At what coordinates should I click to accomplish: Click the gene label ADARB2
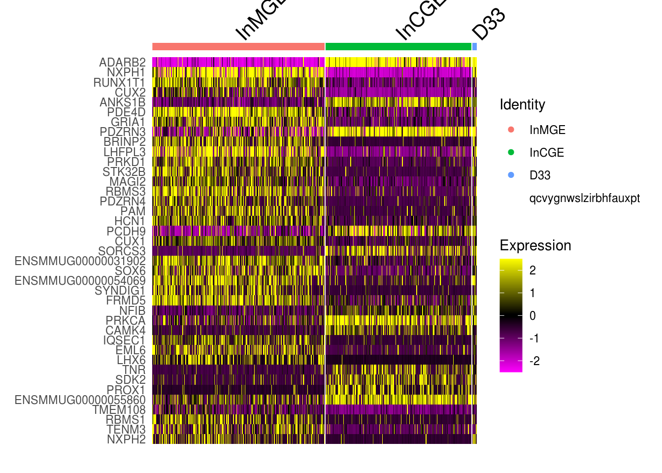pyautogui.click(x=122, y=63)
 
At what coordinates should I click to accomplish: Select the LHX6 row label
pyautogui.click(x=131, y=360)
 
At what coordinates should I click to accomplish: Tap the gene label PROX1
pyautogui.click(x=126, y=390)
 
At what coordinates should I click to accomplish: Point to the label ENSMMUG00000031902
pyautogui.click(x=80, y=261)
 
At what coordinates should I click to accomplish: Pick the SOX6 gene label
pyautogui.click(x=130, y=271)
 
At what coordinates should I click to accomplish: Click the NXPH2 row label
pyautogui.click(x=126, y=439)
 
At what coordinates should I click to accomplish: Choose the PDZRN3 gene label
pyautogui.click(x=123, y=132)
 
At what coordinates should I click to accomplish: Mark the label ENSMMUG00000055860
pyautogui.click(x=80, y=400)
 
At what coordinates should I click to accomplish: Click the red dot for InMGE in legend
pyautogui.click(x=511, y=130)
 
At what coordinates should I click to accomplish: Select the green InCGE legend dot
pyautogui.click(x=511, y=152)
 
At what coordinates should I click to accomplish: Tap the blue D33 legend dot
pyautogui.click(x=511, y=175)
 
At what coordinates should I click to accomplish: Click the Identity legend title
pyautogui.click(x=522, y=104)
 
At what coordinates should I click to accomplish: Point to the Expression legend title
pyautogui.click(x=535, y=245)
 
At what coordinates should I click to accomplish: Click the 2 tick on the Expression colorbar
pyautogui.click(x=532, y=270)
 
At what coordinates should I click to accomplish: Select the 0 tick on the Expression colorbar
pyautogui.click(x=532, y=316)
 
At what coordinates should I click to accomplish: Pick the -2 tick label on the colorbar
pyautogui.click(x=534, y=361)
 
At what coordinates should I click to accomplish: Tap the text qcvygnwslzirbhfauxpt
pyautogui.click(x=584, y=198)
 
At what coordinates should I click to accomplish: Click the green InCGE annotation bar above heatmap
pyautogui.click(x=398, y=47)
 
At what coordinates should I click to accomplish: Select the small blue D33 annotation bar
pyautogui.click(x=474, y=47)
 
